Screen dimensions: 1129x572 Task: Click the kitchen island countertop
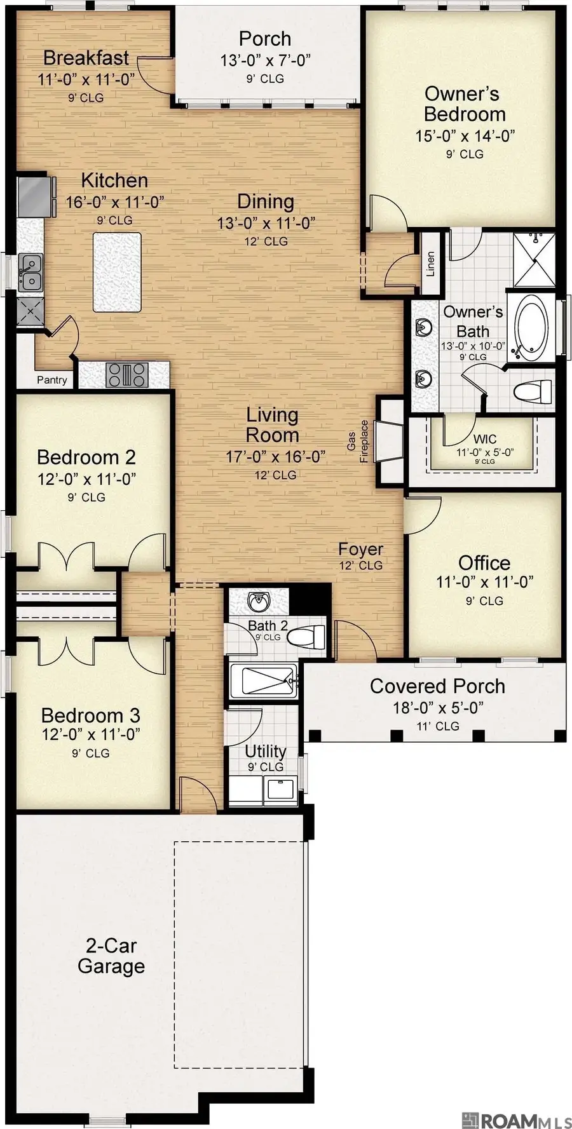(x=117, y=272)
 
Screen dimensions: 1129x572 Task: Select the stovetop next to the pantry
(x=127, y=375)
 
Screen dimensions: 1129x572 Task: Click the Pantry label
(x=51, y=380)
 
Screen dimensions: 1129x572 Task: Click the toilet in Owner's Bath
(x=533, y=391)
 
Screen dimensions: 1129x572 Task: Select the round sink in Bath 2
(x=259, y=600)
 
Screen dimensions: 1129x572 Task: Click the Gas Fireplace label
(x=358, y=440)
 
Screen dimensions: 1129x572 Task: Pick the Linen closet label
(x=430, y=264)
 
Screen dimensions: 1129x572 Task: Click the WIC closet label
(x=484, y=439)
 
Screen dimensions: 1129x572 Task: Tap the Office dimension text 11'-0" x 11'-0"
(x=484, y=581)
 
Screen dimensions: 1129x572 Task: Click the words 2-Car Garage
(x=111, y=956)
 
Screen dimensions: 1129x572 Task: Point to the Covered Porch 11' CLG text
(x=437, y=726)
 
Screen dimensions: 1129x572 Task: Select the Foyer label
(x=360, y=549)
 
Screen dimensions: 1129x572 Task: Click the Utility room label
(x=265, y=751)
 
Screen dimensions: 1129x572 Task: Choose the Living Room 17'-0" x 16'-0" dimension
(x=275, y=456)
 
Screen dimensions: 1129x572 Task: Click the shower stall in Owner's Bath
(x=534, y=259)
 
